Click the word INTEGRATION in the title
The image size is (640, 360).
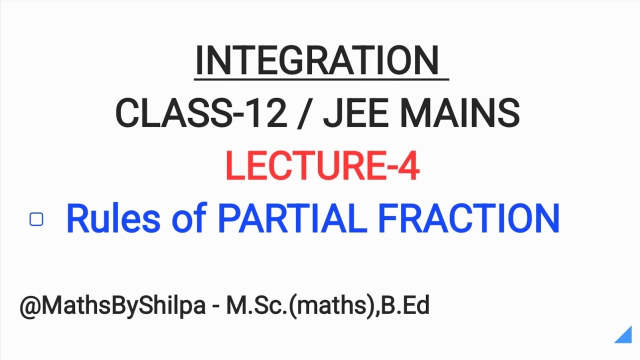(316, 60)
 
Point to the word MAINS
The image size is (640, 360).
(460, 113)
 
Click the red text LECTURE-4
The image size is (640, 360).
(322, 166)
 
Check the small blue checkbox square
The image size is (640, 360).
(36, 219)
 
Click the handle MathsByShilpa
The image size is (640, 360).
(123, 306)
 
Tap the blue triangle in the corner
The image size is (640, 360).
(625, 336)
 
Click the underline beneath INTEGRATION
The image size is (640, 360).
(321, 78)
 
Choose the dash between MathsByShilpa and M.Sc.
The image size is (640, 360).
(215, 306)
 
